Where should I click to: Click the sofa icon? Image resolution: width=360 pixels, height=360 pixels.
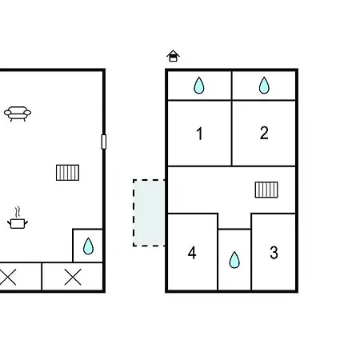tap(18, 114)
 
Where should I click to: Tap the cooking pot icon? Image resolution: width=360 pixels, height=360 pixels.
tap(18, 223)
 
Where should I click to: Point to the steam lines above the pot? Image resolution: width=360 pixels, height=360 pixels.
tap(18, 212)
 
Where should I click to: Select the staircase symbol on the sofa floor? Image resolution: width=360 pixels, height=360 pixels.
tap(67, 173)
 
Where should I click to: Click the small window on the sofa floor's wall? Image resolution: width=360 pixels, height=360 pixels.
tap(104, 142)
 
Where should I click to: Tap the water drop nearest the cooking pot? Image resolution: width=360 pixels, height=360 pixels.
tap(88, 246)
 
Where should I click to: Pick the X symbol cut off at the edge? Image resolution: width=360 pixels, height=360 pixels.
tap(7, 277)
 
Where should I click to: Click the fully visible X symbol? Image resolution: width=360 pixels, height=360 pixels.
tap(73, 278)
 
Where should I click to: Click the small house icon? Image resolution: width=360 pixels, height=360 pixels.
tap(173, 56)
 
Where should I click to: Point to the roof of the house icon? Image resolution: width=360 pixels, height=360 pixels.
tap(173, 53)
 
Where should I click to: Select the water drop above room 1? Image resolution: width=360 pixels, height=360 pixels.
tap(199, 86)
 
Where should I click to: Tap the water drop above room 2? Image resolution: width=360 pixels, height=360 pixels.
tap(264, 86)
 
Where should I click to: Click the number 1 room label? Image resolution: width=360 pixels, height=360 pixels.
tap(200, 134)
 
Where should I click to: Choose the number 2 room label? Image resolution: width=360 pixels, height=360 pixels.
tap(264, 133)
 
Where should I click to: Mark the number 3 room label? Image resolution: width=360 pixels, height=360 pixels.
tap(274, 253)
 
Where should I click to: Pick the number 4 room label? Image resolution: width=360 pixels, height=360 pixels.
tap(192, 253)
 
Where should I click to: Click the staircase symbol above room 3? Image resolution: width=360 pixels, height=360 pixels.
tap(266, 190)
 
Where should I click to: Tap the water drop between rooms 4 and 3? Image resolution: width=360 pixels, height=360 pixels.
tap(234, 260)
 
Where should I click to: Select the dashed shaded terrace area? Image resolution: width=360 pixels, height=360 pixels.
tap(149, 213)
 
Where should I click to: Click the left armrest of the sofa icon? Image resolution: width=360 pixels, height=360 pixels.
tap(7, 113)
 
